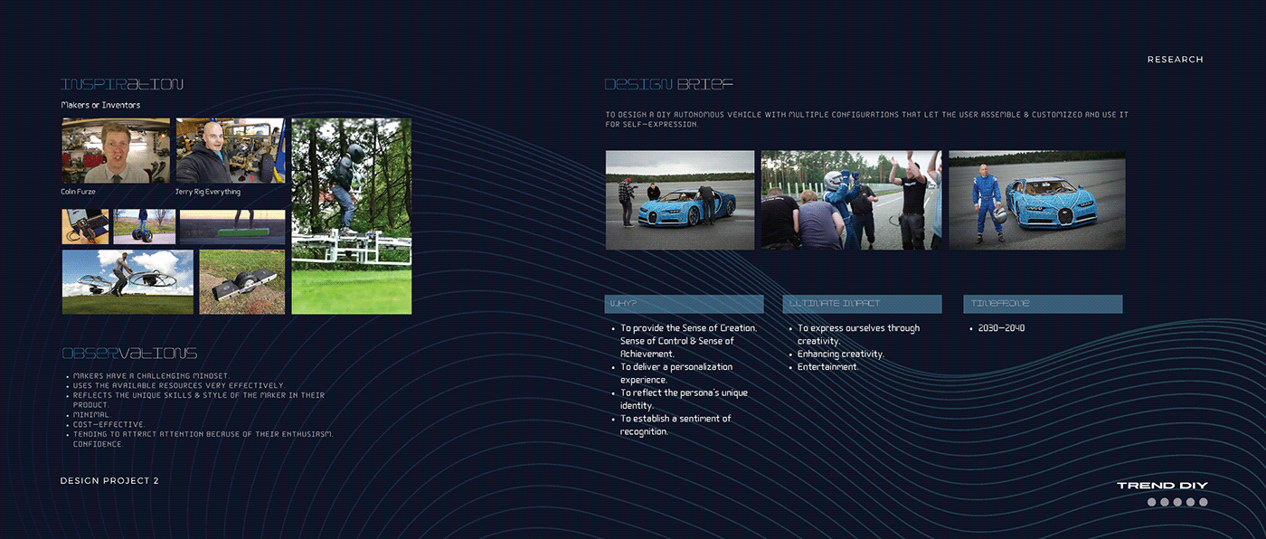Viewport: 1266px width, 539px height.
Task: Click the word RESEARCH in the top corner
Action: tap(1175, 60)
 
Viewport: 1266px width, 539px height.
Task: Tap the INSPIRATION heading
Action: tap(122, 84)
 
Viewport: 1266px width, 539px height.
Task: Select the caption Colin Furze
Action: tap(79, 192)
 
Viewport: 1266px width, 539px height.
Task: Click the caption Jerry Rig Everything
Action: tap(208, 192)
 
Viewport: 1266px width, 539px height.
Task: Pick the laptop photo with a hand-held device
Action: tap(85, 226)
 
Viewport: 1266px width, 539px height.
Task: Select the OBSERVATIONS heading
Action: tap(128, 353)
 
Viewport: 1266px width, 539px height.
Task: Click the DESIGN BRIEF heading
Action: tap(668, 84)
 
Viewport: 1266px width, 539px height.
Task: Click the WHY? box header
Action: tap(684, 304)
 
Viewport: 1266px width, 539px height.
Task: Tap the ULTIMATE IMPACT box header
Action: tap(861, 304)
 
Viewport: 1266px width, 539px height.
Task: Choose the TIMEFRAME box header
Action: tap(1042, 304)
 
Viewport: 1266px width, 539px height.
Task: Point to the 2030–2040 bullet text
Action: tap(1001, 328)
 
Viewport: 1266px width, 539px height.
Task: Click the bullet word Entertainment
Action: tap(827, 367)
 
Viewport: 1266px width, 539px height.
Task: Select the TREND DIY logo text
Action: tap(1162, 486)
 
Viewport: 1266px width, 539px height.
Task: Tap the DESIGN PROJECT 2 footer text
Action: tap(109, 480)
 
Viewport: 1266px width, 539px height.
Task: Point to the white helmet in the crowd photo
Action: tap(829, 180)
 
